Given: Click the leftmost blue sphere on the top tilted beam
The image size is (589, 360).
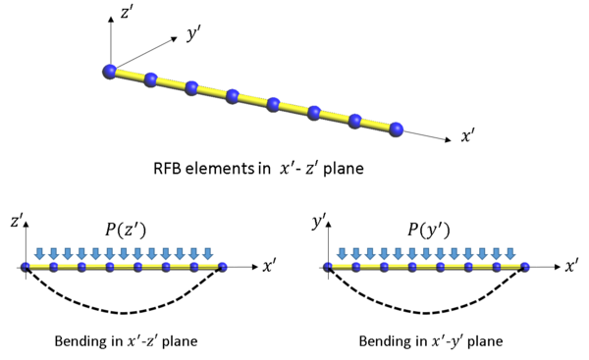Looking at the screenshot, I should [109, 71].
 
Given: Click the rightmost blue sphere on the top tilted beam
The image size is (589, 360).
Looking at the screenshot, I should [396, 129].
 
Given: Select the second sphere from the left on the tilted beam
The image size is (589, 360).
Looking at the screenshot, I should [150, 79].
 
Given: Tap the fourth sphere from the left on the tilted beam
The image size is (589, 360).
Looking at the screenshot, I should [232, 95].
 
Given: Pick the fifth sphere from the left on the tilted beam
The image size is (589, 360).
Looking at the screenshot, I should [273, 104].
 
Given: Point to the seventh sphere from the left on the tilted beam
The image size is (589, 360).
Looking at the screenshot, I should [354, 121].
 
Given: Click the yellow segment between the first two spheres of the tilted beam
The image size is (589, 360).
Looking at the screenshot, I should [130, 76].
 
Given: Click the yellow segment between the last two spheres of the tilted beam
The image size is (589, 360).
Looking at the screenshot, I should [375, 125].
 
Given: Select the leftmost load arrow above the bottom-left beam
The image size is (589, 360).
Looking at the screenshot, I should [39, 253].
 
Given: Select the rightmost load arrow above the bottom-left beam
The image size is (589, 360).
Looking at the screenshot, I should [208, 253].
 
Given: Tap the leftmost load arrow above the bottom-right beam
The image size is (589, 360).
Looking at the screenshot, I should [342, 253].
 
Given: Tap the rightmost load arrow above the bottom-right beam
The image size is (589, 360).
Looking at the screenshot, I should [510, 253].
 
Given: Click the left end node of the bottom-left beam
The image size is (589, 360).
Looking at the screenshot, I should [26, 267].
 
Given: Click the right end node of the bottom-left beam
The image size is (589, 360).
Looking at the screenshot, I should [222, 267].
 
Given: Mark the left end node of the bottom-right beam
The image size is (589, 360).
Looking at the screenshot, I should [328, 267].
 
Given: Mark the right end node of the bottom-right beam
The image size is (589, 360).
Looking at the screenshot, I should [524, 267].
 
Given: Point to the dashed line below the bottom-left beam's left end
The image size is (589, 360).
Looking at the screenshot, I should [34, 277].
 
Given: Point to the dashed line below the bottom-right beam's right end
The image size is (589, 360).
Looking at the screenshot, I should [511, 277].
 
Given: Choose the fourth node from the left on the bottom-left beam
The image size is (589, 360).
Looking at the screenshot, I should [110, 267].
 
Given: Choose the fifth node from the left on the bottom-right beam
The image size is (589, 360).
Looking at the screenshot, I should [440, 267].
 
